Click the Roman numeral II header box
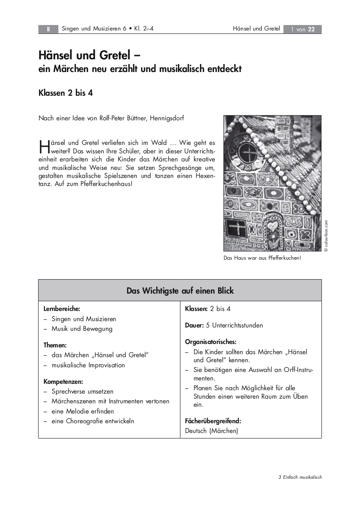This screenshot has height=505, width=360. coord(48,29)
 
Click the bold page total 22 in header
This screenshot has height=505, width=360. coord(311,29)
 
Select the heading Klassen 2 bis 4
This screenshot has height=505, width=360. coord(66,93)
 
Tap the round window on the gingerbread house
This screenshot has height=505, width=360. coord(252,151)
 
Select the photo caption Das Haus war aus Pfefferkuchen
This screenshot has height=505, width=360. coord(262,258)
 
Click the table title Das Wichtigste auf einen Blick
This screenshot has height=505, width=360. coord(180,291)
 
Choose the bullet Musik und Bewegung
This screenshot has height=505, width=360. coord(82,329)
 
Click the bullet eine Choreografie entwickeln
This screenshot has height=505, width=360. coord(93,421)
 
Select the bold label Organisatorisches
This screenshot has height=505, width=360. coord(210,341)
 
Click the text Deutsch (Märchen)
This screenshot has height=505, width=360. coord(212,431)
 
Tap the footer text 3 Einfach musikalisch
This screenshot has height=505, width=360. coord(300,477)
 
